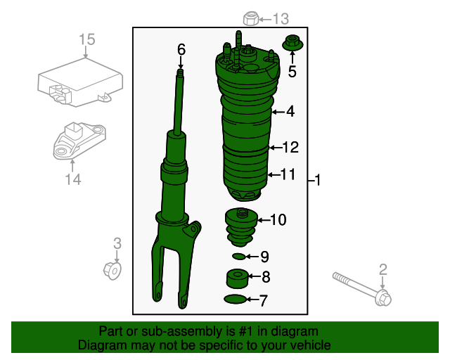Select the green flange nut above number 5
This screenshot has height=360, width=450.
coord(292,44)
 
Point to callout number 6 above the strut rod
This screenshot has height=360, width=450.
coord(181,49)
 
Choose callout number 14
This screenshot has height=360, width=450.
coord(73,180)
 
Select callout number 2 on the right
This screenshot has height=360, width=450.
coord(383,269)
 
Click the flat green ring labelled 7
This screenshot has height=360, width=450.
coord(236,301)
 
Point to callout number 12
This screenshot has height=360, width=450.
coord(290,148)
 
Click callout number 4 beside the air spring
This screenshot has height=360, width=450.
coord(290,111)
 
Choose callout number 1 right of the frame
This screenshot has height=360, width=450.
coord(318,181)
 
